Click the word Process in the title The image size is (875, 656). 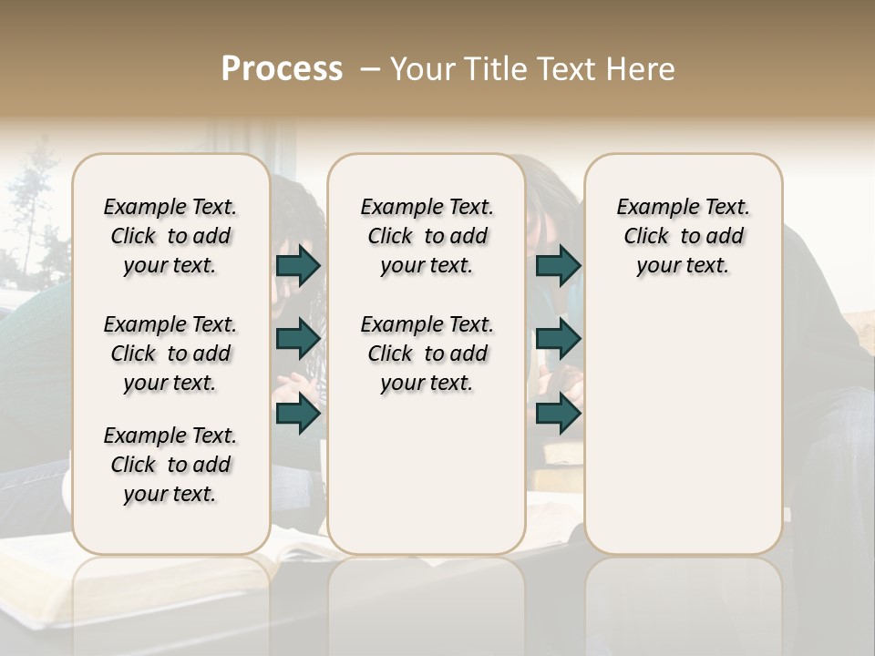[282, 69]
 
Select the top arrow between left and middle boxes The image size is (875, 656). [298, 266]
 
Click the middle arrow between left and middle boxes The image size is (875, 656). [298, 339]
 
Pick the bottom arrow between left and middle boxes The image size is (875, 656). [298, 414]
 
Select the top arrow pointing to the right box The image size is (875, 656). [558, 266]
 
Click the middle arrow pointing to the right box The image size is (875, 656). [558, 339]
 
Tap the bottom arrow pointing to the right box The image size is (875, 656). [558, 414]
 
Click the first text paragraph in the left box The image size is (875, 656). [170, 236]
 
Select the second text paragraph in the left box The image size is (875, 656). [170, 354]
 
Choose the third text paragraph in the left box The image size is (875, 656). [170, 465]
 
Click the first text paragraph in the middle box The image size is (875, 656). [427, 236]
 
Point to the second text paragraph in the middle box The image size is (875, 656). [427, 354]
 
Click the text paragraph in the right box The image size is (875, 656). [683, 236]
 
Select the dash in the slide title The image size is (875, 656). [369, 69]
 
